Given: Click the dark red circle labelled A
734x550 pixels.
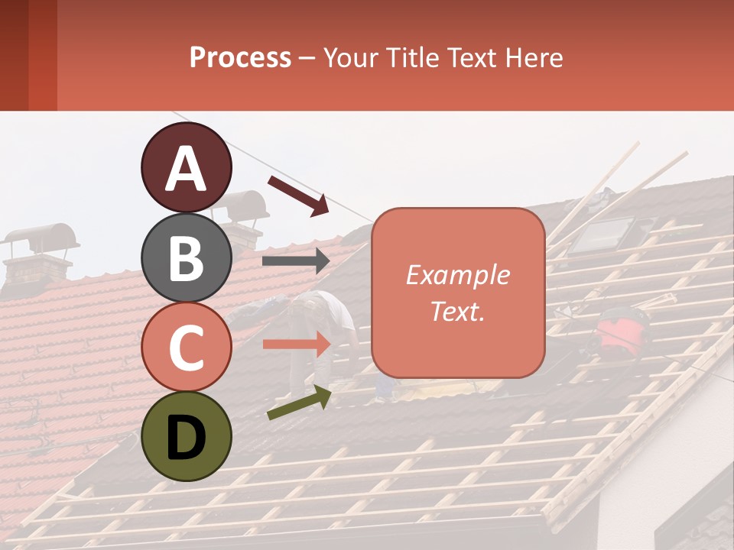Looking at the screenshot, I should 186,167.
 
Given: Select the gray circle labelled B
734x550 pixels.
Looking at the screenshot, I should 186,257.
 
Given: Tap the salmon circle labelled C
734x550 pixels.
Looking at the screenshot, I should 186,347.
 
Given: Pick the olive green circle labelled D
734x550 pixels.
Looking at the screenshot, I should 186,436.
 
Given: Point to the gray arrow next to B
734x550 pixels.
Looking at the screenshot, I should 296,261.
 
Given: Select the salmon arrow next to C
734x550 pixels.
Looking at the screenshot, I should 296,345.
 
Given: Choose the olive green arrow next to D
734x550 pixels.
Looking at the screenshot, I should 299,403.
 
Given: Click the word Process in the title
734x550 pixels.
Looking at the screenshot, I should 240,57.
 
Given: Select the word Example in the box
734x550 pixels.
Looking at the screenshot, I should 457,275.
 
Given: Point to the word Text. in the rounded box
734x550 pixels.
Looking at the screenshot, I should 457,311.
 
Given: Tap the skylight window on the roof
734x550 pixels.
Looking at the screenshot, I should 603,234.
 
